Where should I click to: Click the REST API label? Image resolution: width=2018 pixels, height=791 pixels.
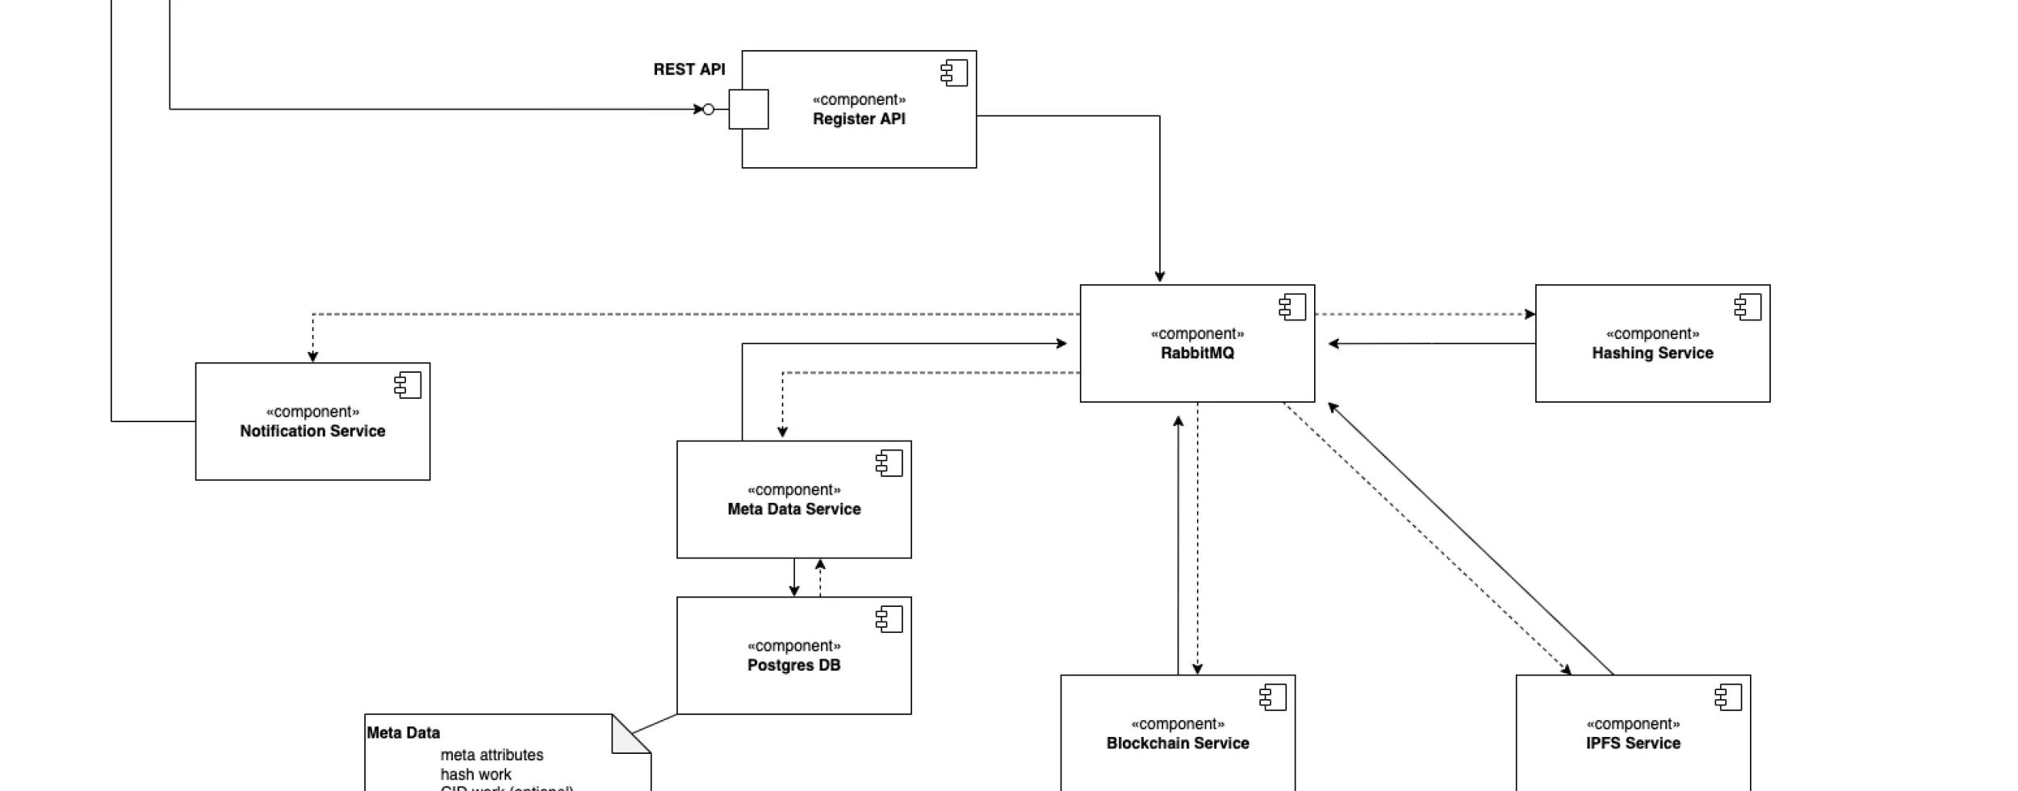pos(689,69)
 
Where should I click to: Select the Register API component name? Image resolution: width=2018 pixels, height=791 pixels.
pos(858,119)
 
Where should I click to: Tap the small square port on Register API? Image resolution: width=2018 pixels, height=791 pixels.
pos(748,109)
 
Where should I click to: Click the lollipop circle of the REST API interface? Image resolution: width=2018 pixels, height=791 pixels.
pos(708,109)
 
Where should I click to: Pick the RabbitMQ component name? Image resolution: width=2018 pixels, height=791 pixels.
pos(1196,353)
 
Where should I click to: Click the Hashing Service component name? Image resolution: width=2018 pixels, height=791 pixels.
pos(1652,353)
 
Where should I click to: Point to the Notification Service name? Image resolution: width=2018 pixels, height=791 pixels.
pos(312,431)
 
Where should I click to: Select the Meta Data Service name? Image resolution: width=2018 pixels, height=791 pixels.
pos(793,509)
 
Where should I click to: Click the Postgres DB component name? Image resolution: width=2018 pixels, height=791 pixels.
pos(793,665)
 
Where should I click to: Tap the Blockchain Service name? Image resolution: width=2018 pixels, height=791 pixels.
pos(1177,743)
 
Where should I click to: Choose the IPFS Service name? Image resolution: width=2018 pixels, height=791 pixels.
pos(1632,743)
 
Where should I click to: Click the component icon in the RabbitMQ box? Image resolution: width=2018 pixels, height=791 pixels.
pos(1292,307)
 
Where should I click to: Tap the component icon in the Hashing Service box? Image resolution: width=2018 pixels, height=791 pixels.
pos(1747,307)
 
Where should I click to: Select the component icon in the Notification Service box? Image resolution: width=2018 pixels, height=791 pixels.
pos(408,385)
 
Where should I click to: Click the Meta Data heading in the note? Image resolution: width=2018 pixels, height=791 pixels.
pos(403,733)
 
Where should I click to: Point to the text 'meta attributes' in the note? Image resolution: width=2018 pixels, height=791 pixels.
pos(492,755)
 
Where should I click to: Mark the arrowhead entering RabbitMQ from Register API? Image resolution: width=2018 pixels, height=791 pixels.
pos(1159,277)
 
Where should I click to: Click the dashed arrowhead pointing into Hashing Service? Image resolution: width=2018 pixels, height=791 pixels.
pos(1530,314)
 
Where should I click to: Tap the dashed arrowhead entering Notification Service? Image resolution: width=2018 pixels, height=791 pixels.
pos(312,357)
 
